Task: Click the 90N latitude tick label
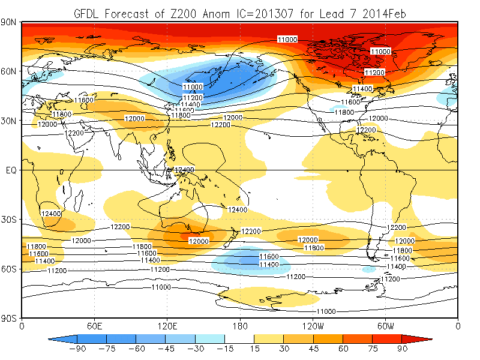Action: coord(10,22)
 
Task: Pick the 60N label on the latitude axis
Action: coord(10,71)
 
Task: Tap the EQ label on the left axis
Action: coord(11,170)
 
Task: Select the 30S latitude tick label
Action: coord(10,220)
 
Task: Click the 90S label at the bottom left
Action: coord(10,318)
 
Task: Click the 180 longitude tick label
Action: coord(240,326)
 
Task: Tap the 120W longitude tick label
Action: coord(313,326)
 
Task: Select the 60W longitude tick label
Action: coord(386,326)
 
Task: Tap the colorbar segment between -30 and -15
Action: coord(210,338)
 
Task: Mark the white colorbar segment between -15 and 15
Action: coord(240,338)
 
